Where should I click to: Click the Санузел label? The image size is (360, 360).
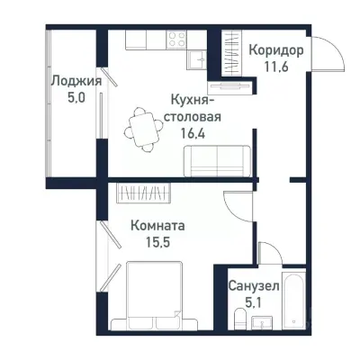pos(253,285)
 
